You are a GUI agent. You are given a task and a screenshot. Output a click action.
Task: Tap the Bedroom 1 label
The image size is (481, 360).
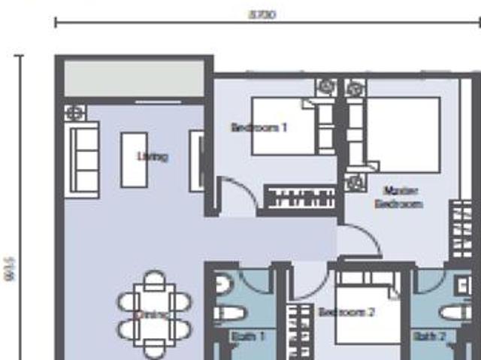point(259,128)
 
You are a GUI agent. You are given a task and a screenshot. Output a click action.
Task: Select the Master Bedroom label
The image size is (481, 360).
point(399,197)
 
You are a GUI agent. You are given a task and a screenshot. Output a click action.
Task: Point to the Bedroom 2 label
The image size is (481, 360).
point(346,312)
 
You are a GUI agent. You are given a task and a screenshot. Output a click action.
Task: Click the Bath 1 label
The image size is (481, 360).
point(248,336)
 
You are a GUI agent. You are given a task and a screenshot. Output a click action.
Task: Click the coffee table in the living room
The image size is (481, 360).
point(135,159)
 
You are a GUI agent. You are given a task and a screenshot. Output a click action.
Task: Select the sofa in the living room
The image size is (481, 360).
point(83,160)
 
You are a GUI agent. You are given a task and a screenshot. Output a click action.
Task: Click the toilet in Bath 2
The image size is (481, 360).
point(454,313)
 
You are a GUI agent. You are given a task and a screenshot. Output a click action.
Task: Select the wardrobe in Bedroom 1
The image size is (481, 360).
point(301,200)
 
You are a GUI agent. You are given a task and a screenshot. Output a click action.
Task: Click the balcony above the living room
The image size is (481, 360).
point(134,78)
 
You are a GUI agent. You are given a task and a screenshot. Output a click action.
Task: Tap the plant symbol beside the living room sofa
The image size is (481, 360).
point(75,113)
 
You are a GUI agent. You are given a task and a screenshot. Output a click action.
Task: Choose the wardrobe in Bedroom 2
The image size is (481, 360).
point(302,331)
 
